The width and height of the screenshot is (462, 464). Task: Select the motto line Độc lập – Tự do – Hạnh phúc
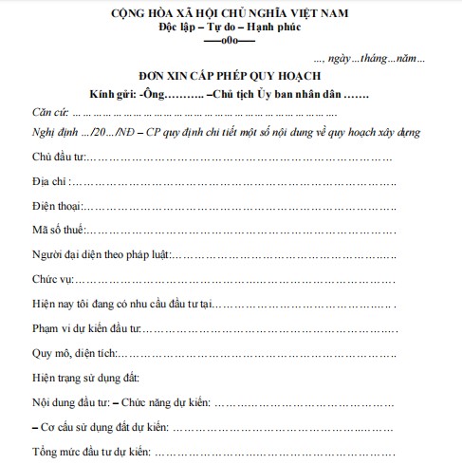231,30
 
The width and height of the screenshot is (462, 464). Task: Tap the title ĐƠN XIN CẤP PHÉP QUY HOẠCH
231,77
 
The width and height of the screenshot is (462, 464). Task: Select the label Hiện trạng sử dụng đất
86,378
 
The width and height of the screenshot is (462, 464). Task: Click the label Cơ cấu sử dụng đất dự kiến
98,427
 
